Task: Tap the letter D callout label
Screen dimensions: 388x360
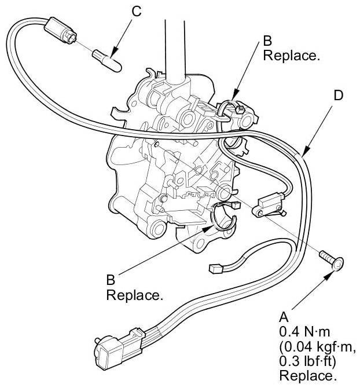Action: (338, 95)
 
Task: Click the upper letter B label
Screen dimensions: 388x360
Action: (267, 41)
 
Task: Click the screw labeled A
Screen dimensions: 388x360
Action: (332, 262)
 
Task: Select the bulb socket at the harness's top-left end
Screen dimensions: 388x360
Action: (59, 29)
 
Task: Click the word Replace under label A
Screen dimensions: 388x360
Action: (307, 375)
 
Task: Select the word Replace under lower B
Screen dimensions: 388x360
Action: (134, 295)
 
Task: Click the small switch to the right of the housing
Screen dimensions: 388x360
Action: (267, 203)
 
